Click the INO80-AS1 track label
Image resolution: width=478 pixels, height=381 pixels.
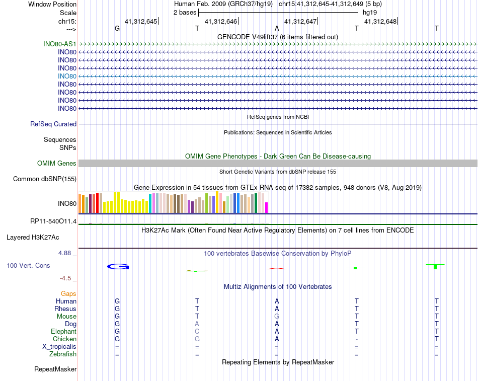tap(60, 44)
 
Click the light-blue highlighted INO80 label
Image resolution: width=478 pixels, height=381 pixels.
tap(67, 76)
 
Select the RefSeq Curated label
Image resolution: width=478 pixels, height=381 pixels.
tap(53, 124)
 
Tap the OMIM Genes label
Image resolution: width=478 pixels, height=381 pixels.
tap(57, 163)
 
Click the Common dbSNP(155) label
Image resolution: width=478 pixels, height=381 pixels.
tap(45, 179)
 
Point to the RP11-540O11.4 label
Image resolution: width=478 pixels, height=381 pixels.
tap(53, 221)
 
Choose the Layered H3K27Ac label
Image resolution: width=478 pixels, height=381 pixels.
tap(41, 237)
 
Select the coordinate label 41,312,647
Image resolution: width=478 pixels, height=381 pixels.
tap(300, 21)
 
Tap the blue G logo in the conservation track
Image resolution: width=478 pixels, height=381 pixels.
tap(118, 266)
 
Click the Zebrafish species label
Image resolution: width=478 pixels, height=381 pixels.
tap(63, 354)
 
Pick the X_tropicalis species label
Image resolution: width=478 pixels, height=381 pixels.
tap(59, 347)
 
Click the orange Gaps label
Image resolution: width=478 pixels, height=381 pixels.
tap(68, 293)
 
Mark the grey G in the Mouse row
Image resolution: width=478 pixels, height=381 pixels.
tap(277, 316)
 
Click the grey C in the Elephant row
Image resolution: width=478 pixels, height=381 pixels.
tap(197, 332)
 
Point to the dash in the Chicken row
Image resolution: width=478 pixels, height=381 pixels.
tap(356, 339)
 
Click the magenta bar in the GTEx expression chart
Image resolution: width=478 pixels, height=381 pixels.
tap(267, 207)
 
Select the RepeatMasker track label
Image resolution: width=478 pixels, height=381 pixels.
tap(55, 369)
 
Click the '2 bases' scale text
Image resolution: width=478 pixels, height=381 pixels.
tap(185, 12)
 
